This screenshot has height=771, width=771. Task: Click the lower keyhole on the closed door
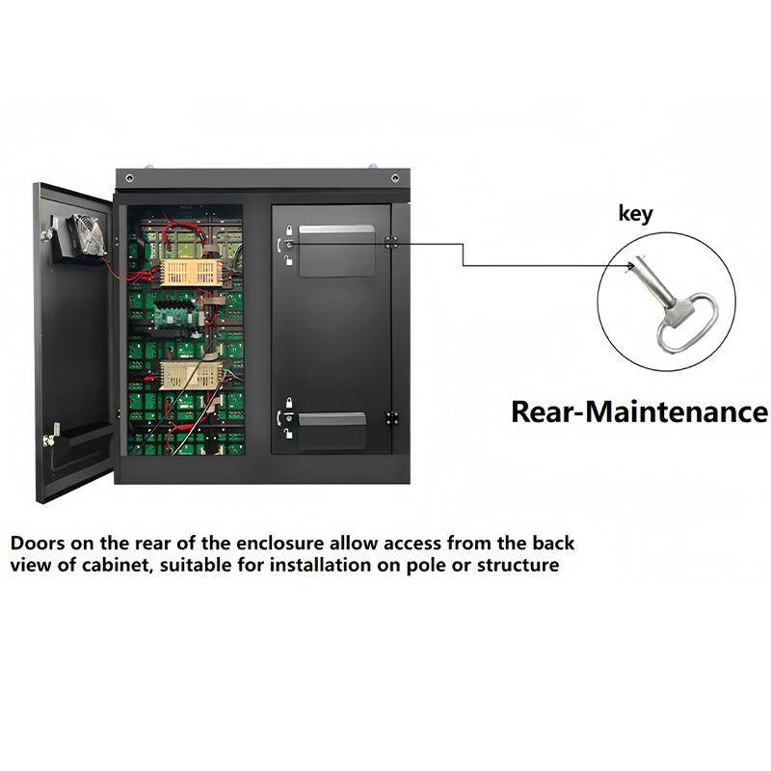(x=287, y=417)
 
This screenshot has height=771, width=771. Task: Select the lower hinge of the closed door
(x=391, y=417)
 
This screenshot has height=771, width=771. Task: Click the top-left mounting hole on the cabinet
(x=150, y=177)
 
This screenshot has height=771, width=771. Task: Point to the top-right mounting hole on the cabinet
(x=393, y=177)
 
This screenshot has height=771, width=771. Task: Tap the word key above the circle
(x=635, y=214)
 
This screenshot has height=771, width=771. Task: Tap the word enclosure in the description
(x=260, y=544)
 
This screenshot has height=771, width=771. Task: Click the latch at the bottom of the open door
(x=47, y=439)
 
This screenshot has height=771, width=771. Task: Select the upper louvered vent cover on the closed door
(x=335, y=251)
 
